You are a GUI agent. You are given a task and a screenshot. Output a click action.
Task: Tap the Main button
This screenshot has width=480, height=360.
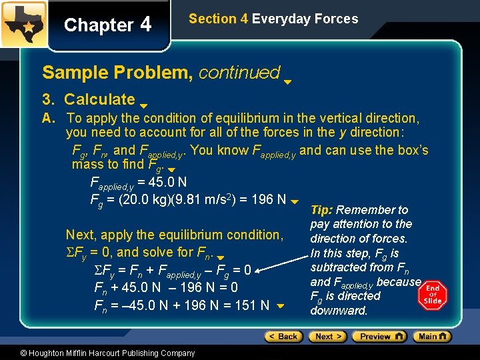pyautogui.click(x=433, y=337)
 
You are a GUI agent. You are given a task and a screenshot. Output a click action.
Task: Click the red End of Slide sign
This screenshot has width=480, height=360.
pyautogui.click(x=433, y=294)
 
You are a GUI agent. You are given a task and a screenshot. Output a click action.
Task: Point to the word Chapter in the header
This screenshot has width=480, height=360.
pyautogui.click(x=99, y=25)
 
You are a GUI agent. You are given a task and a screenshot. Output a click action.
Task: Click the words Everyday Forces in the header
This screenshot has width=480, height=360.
pyautogui.click(x=305, y=19)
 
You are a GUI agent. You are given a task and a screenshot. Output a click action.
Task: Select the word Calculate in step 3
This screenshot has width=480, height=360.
pyautogui.click(x=99, y=99)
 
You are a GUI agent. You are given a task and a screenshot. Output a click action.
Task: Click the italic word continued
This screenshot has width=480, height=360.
pyautogui.click(x=239, y=72)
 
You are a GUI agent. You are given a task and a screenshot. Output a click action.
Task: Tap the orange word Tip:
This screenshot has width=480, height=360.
pyautogui.click(x=321, y=210)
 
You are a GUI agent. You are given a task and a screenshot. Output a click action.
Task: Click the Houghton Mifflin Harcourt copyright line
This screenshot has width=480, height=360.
pyautogui.click(x=99, y=353)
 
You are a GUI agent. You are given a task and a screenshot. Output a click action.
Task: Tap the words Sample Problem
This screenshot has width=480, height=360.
pyautogui.click(x=117, y=72)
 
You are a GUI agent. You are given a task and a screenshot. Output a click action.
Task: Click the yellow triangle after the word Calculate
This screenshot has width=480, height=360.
pyautogui.click(x=143, y=105)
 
